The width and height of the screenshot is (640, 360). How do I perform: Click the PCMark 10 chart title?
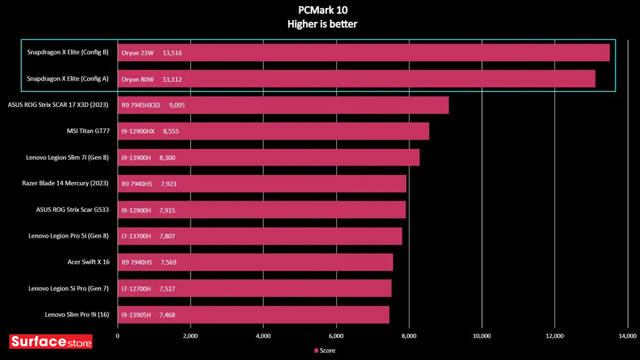(319, 10)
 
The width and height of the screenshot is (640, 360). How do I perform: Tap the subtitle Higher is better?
(319, 24)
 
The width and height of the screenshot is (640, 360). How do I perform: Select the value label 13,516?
(172, 53)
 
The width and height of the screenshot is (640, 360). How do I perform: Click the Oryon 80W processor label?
(137, 79)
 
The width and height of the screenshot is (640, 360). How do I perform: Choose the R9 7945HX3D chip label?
(142, 106)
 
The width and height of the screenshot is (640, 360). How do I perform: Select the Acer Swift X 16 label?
(89, 262)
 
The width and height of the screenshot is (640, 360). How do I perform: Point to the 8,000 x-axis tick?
(409, 336)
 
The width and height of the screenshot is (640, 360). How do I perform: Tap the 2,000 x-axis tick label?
(190, 336)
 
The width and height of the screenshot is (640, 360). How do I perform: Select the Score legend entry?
(324, 351)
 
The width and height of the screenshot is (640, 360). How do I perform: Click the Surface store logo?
(51, 342)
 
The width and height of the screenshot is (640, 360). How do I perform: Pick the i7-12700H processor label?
(137, 289)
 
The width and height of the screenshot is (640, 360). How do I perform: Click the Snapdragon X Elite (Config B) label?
(68, 52)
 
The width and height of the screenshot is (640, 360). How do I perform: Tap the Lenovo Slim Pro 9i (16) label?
(77, 314)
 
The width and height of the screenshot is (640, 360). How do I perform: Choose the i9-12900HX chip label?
(138, 132)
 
